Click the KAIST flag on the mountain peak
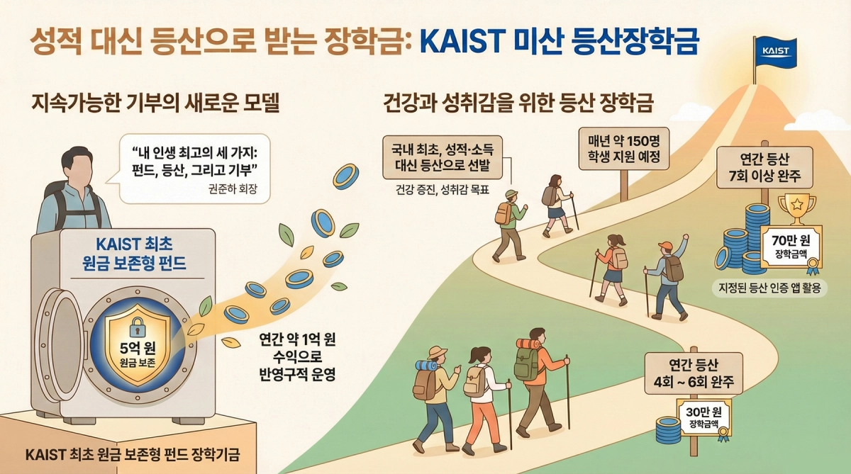coord(776,51)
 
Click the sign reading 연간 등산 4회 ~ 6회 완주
coord(694,374)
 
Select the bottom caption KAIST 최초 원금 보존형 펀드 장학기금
coord(132,455)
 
